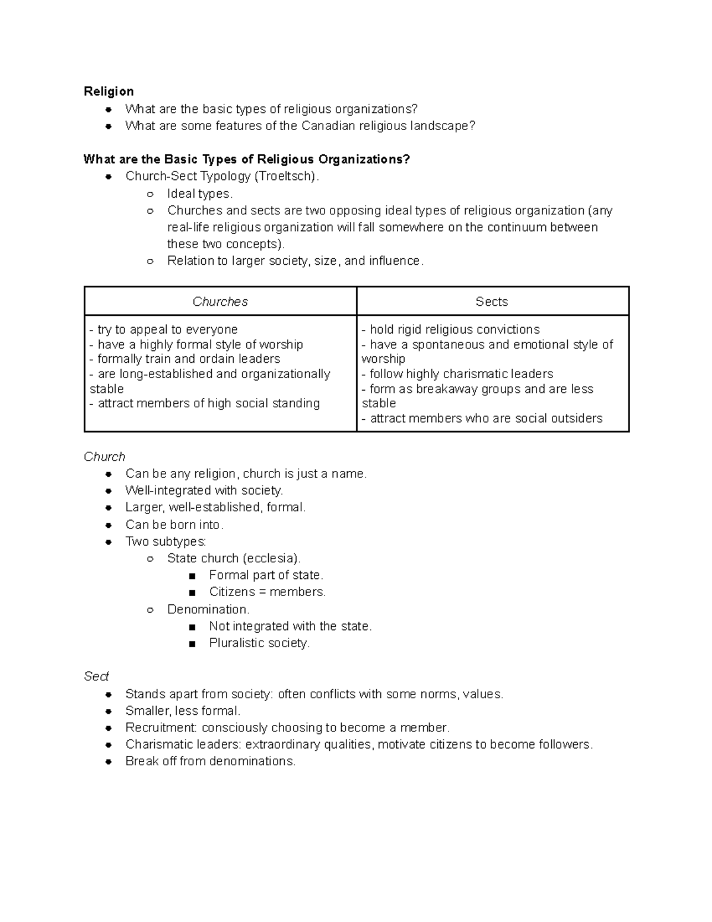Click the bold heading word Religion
point(109,91)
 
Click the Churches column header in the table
point(220,302)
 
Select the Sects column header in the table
point(491,302)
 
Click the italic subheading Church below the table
point(104,457)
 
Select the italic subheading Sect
point(96,677)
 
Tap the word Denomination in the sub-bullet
point(207,610)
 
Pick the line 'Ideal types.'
point(200,194)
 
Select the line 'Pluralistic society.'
point(259,644)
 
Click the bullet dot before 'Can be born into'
point(109,525)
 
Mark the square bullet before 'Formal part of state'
point(192,576)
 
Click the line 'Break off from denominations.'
point(210,762)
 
